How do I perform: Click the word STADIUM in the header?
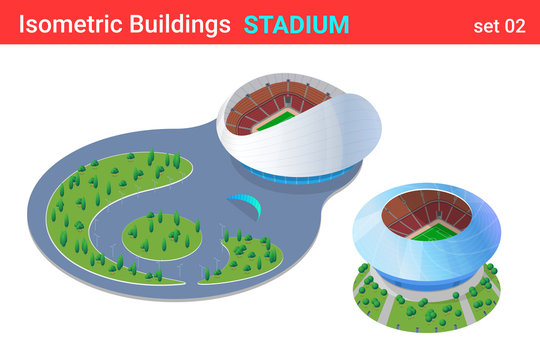click(296, 24)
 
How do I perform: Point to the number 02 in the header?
click(514, 26)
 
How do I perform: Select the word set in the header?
click(485, 26)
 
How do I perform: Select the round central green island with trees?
click(160, 236)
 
